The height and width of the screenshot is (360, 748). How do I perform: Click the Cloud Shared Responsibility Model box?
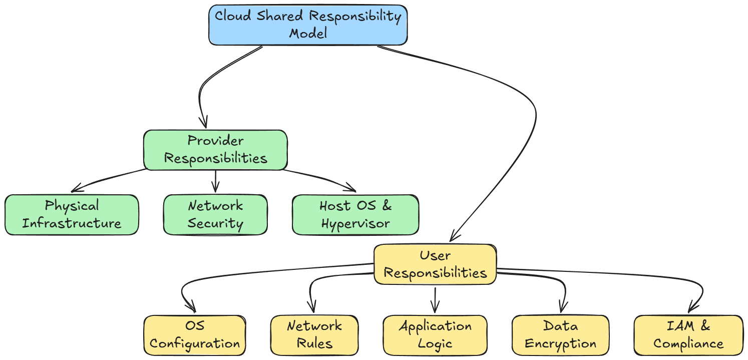[x=308, y=25]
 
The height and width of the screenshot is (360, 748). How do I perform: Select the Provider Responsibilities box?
[x=215, y=150]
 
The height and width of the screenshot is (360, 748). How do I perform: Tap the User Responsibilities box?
[x=435, y=264]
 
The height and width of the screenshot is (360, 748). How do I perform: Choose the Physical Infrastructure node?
[x=72, y=214]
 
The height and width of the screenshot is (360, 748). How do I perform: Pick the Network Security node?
[x=215, y=214]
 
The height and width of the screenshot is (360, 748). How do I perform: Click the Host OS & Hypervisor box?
[x=355, y=214]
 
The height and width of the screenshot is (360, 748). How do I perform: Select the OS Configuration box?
[x=194, y=335]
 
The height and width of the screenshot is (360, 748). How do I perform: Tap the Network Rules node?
[x=314, y=335]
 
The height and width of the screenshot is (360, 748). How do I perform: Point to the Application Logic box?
[x=435, y=335]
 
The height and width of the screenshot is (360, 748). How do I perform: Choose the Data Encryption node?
[x=560, y=335]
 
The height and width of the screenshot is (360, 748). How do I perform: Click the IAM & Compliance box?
[x=688, y=335]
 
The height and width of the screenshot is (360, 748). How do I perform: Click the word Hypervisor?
[x=355, y=223]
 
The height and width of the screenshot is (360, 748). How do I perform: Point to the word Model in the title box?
[x=308, y=34]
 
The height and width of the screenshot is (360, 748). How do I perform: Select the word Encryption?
[x=560, y=344]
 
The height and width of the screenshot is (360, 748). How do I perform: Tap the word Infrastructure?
[x=72, y=223]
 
